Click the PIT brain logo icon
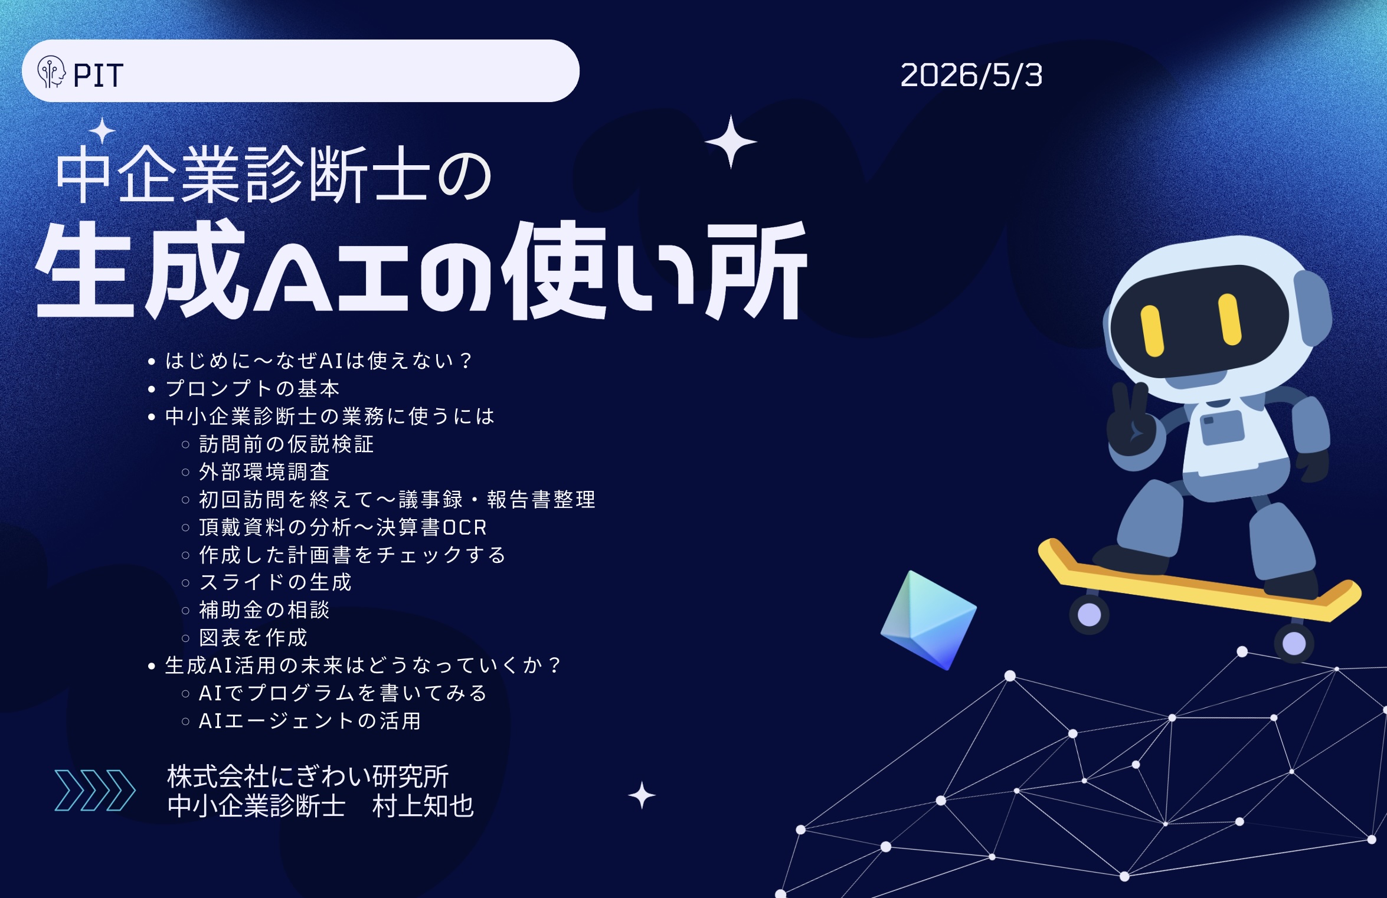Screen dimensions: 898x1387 pos(51,73)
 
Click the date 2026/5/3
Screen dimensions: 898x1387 pos(971,76)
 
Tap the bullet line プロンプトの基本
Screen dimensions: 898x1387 pos(252,388)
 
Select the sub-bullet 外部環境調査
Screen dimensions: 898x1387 pos(264,471)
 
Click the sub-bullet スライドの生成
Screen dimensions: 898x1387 pos(275,582)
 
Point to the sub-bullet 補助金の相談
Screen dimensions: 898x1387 pos(264,610)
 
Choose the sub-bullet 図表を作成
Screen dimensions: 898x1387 pos(253,638)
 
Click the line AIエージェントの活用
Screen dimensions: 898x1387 pos(309,721)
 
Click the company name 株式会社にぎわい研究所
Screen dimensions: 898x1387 pos(308,776)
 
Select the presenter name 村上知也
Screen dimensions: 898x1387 pos(423,806)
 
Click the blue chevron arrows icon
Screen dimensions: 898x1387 pos(95,790)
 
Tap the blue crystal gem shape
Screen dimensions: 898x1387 pos(928,620)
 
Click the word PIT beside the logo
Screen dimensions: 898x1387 pos(98,76)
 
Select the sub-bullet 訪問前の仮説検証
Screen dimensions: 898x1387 pos(286,444)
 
